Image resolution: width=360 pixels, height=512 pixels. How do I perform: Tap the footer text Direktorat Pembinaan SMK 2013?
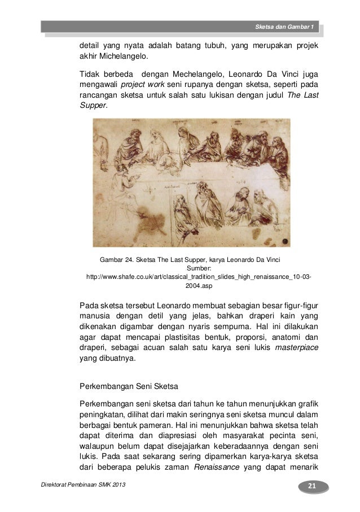point(81,488)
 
